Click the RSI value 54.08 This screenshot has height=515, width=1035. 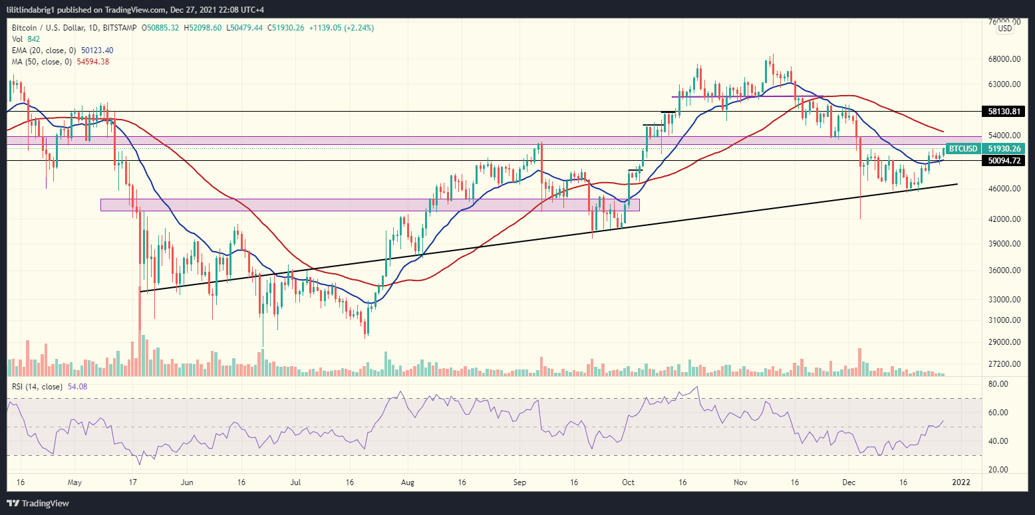[77, 387]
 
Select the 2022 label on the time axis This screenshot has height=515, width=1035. [961, 482]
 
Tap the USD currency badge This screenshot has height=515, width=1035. [1004, 29]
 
